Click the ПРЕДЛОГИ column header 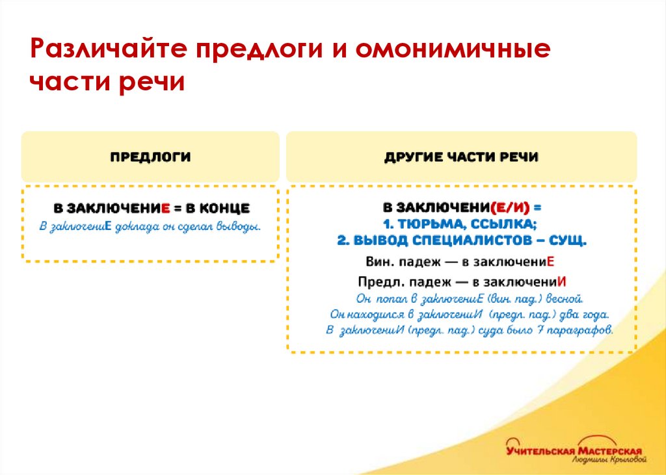pos(150,157)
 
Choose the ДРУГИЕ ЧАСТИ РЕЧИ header pos(461,157)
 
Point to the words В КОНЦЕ pos(218,209)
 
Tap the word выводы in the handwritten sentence pos(240,227)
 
